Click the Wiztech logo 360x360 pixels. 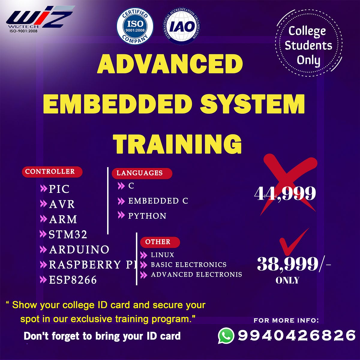tap(39, 19)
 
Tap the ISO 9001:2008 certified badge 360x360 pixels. tap(135, 26)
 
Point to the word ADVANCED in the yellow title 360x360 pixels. tap(170, 64)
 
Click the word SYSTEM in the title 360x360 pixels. tap(253, 104)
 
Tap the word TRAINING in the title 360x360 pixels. tap(178, 144)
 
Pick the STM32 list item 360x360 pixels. tap(68, 234)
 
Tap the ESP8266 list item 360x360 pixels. tap(73, 280)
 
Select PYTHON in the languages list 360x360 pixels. tap(147, 216)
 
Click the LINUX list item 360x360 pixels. tap(162, 255)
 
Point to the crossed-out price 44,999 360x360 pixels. tap(285, 193)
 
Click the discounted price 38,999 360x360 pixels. tap(287, 264)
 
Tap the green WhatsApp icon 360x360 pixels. tap(226, 335)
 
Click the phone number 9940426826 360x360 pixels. tap(296, 335)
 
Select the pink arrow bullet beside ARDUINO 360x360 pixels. tap(43, 249)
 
